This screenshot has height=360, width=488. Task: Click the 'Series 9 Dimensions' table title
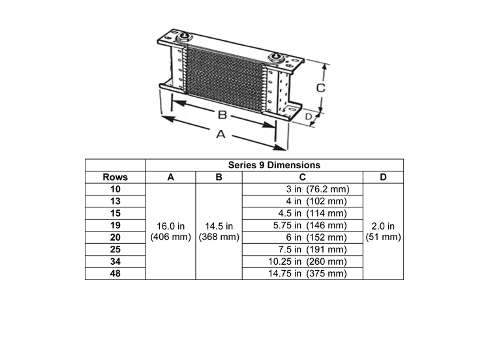tap(274, 165)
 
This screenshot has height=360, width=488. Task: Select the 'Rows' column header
tap(115, 177)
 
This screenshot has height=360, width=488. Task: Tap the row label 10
tap(115, 189)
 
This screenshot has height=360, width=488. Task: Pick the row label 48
tap(115, 273)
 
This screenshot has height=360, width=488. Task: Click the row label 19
tap(115, 225)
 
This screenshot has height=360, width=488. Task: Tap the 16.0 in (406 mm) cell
tap(171, 231)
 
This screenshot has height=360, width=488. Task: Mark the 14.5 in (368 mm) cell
tap(219, 231)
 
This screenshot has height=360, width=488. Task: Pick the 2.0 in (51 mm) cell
tap(383, 231)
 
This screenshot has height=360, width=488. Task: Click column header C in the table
tap(303, 177)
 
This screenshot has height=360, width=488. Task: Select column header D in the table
tap(383, 177)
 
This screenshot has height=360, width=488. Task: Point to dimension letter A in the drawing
tap(220, 134)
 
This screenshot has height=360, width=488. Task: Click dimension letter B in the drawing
tap(222, 115)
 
